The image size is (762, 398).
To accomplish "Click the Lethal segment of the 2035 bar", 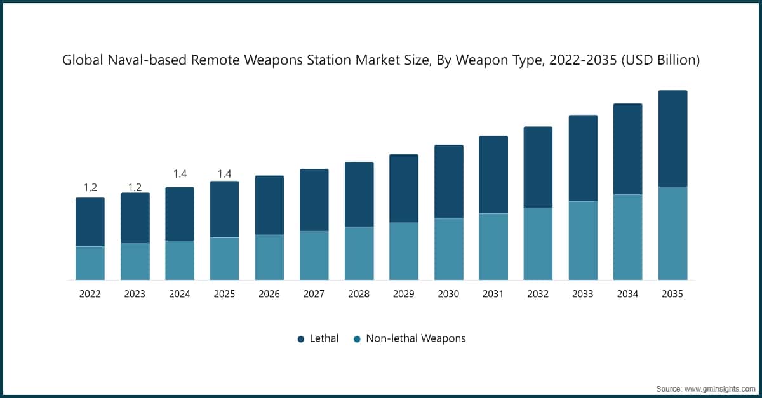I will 672,138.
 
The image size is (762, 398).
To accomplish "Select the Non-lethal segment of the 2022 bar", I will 90,263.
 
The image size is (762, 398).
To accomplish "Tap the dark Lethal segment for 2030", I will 448,182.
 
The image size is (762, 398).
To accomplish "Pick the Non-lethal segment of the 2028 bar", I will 359,253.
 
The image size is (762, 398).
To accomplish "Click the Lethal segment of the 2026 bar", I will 269,205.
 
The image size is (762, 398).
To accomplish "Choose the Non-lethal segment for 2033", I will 582,241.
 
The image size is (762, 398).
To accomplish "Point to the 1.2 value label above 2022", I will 90,187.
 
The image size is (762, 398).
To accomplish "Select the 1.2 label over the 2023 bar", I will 135,187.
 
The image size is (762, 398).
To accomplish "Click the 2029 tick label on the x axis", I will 403,294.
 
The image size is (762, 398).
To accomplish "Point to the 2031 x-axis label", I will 493,294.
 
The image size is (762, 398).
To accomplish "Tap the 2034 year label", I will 627,294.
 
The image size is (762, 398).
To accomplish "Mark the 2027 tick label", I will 314,294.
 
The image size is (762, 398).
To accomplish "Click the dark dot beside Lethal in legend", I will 301,339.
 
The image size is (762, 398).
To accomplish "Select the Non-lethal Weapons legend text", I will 415,338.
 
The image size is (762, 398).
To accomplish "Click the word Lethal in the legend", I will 324,338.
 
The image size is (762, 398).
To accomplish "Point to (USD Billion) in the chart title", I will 662,61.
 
